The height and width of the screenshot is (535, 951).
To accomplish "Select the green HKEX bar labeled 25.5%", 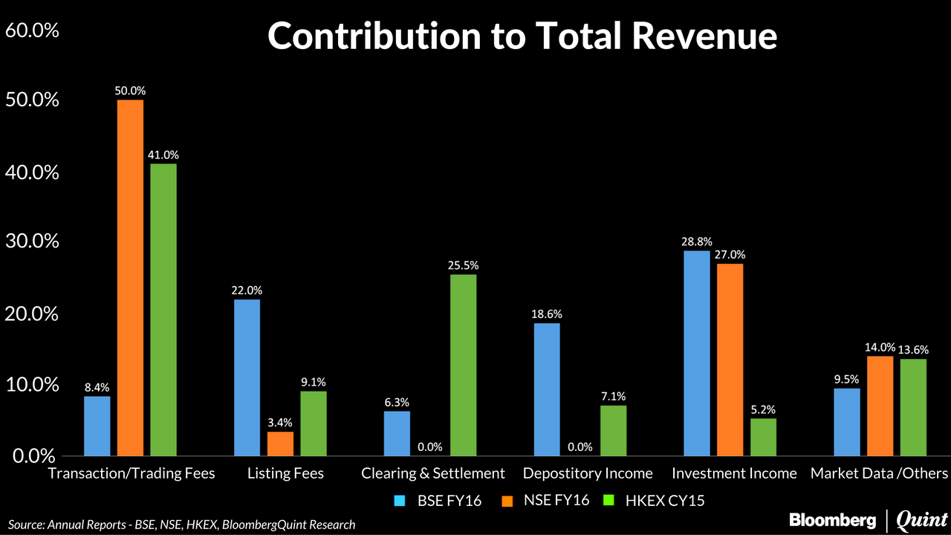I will [464, 365].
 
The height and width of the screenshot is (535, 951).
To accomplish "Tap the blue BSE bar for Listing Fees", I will [247, 377].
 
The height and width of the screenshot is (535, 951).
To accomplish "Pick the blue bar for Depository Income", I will [547, 389].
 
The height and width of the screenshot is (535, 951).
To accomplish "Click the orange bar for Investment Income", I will [730, 360].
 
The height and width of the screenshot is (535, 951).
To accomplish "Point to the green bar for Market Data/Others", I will [913, 407].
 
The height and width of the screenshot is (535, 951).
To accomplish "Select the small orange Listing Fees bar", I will [280, 444].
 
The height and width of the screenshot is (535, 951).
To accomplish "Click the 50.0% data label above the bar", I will [130, 91].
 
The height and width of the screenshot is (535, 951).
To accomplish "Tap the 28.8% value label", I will [696, 241].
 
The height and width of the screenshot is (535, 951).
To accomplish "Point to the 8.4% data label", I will [97, 386].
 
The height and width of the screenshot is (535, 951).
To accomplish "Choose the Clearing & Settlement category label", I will [433, 473].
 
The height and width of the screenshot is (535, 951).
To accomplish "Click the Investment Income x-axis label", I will [734, 473].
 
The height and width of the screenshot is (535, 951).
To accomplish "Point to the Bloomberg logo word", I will [832, 519].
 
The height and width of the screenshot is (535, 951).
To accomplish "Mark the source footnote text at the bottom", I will [182, 525].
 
